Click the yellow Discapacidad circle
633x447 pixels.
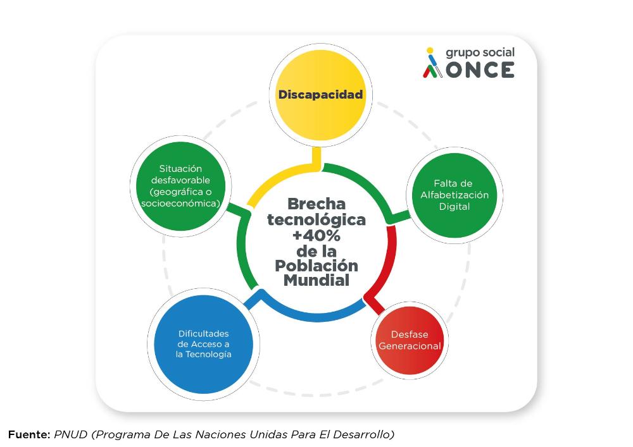click(320, 95)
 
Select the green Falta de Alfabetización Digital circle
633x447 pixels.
click(454, 195)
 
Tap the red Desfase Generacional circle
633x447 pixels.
click(410, 341)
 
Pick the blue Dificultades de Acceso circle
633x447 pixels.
click(203, 344)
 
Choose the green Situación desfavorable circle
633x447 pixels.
click(180, 187)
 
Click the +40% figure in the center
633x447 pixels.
click(316, 235)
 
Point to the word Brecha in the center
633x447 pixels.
click(316, 204)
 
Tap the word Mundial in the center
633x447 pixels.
click(316, 280)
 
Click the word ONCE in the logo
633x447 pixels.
click(480, 70)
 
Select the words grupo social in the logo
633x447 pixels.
click(480, 53)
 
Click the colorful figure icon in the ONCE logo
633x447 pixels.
click(432, 63)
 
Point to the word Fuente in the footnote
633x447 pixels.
click(28, 434)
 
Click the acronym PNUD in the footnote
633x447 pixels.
click(71, 434)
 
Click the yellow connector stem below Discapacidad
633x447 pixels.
click(316, 158)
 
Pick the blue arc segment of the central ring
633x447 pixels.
click(311, 315)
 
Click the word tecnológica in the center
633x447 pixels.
click(316, 220)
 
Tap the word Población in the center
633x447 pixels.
click(316, 266)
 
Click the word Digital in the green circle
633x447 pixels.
click(454, 207)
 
